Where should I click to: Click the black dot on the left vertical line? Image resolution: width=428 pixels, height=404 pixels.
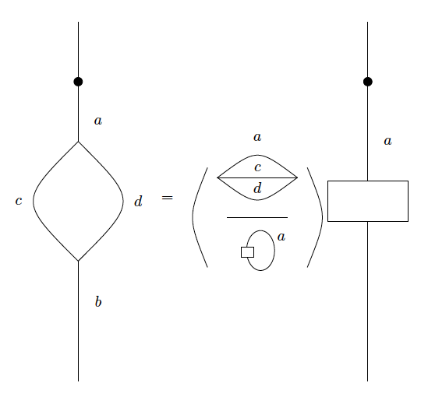point(78,82)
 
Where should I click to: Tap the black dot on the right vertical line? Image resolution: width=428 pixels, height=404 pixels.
point(367,82)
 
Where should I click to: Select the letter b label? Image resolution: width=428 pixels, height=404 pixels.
point(98,302)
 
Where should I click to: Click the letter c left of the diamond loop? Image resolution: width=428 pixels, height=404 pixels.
point(19,202)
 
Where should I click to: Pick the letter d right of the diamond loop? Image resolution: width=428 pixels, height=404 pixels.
point(138,202)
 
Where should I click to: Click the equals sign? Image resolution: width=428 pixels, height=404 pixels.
point(167,198)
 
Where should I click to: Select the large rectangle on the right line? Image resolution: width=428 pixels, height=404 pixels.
point(367,201)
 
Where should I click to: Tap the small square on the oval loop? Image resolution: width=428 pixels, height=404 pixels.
point(247,251)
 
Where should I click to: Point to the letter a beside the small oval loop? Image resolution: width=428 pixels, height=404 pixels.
point(281,237)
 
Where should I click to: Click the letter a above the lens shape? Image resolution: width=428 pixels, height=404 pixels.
point(257,138)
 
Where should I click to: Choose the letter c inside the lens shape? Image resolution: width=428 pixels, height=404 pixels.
point(257,167)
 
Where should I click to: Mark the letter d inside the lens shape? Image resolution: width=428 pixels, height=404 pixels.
point(257,188)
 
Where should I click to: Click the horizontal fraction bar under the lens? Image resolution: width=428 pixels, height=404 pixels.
point(257,217)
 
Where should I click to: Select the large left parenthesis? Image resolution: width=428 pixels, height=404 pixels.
point(199,217)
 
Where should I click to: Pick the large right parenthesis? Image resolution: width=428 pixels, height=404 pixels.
point(316,217)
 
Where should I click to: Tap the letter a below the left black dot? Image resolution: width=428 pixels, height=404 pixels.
point(98,121)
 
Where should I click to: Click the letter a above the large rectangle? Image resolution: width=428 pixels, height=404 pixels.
point(387,142)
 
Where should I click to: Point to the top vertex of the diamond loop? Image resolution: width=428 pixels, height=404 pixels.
point(78,142)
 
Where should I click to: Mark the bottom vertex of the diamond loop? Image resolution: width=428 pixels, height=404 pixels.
point(78,261)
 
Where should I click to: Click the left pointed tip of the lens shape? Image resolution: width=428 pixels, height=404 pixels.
point(218,177)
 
